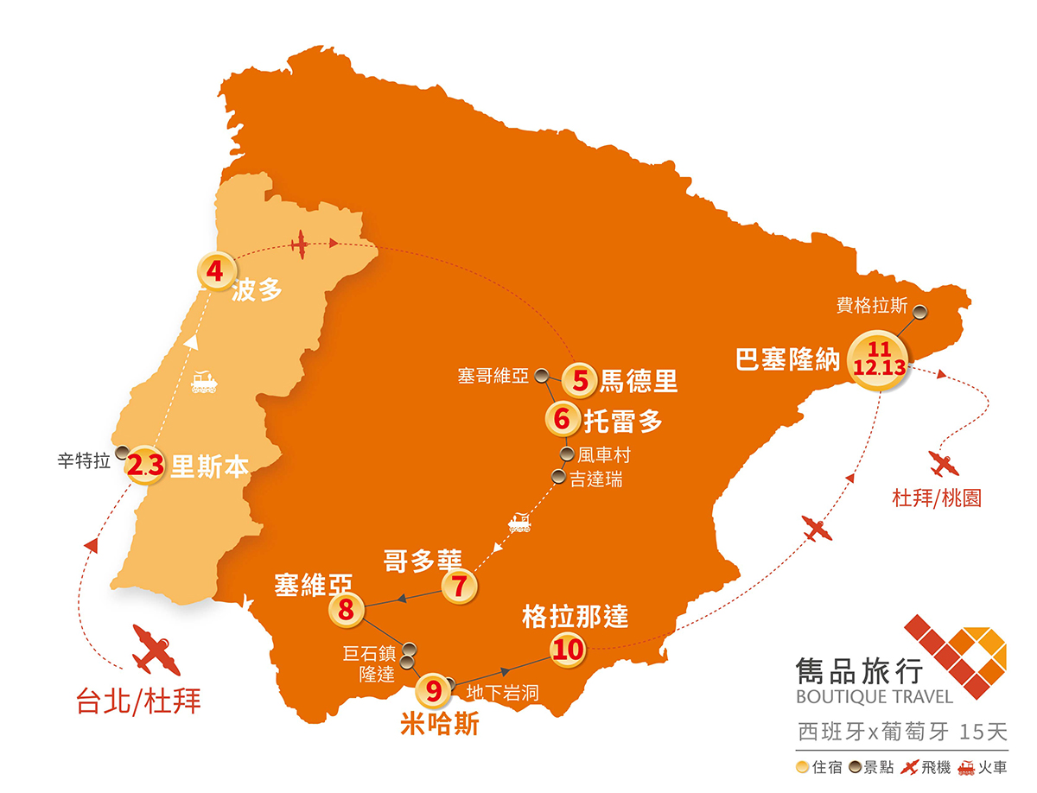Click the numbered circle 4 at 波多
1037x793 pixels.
215,270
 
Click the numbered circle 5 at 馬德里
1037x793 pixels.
580,379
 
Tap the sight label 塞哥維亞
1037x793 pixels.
493,376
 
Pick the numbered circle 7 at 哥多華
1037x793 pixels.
459,587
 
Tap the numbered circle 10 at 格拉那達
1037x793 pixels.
568,648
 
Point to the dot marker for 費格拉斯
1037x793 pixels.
921,312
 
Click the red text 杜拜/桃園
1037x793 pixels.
938,498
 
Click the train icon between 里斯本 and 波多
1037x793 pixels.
204,383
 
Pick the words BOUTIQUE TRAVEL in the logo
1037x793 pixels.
875,695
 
